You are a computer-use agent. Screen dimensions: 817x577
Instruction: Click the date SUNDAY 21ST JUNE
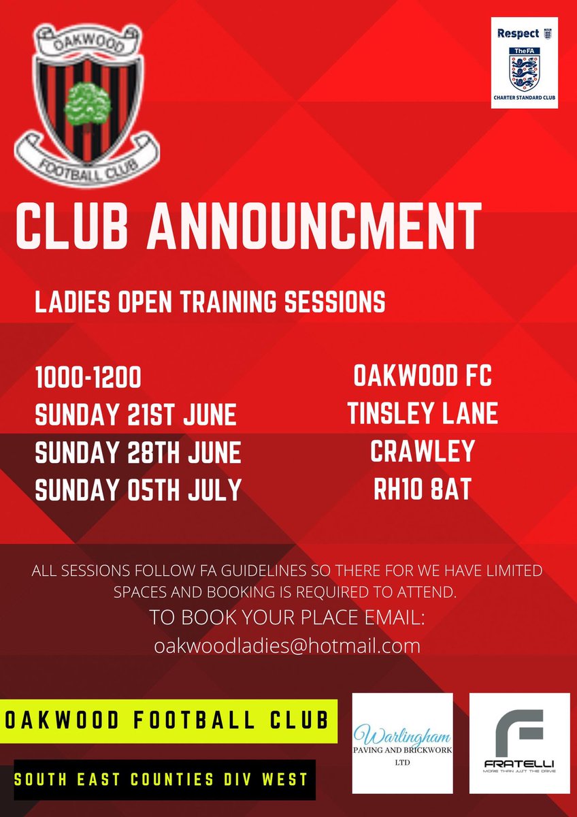[135, 414]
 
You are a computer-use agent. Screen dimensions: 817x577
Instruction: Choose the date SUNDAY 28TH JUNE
[138, 452]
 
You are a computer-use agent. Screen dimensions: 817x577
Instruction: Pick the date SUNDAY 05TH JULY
[138, 490]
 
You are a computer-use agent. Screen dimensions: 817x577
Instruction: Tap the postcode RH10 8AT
[422, 490]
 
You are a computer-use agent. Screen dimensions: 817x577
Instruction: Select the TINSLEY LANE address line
[422, 414]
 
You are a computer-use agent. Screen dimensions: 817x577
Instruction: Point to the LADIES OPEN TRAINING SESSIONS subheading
[210, 301]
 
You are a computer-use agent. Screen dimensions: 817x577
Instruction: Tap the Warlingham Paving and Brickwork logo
[403, 743]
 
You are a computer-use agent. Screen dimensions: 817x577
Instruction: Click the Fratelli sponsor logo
[520, 743]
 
